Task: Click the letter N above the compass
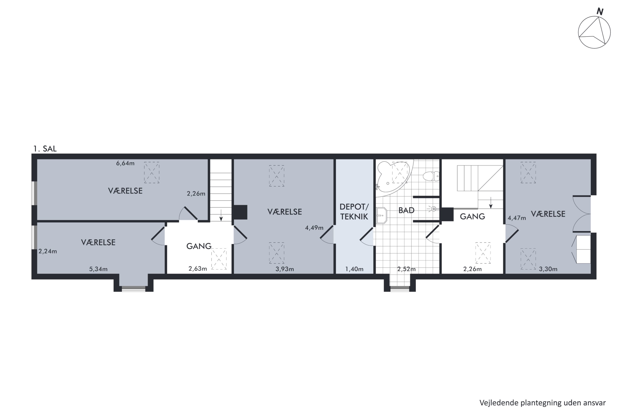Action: click(600, 12)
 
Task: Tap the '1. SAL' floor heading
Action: click(45, 149)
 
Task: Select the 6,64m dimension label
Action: click(125, 163)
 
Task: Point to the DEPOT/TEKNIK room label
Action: click(354, 212)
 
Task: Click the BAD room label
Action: click(406, 210)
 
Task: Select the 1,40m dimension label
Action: click(354, 269)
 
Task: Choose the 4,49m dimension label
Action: click(314, 228)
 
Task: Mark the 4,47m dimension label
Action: click(517, 218)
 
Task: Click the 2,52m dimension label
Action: click(406, 269)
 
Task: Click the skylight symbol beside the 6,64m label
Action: click(152, 172)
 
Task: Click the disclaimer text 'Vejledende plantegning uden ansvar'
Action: click(543, 403)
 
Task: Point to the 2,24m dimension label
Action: click(48, 251)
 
